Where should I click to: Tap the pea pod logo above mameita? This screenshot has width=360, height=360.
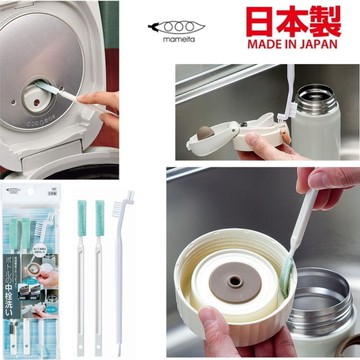click(x=209, y=23)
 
